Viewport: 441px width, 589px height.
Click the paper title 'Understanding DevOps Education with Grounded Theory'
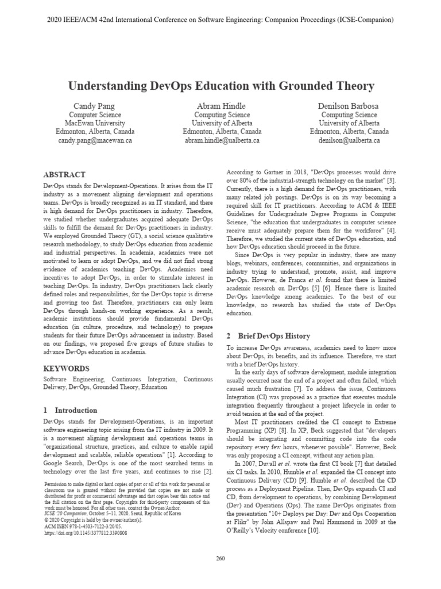(221, 86)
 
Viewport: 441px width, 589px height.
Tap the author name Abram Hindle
(221, 106)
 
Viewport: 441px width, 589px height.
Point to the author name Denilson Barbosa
(349, 106)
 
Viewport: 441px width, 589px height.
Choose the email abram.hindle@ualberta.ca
(221, 140)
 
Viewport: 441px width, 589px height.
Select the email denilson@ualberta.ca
(349, 140)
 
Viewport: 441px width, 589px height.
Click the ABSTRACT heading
(65, 174)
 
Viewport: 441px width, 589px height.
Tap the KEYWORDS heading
(66, 368)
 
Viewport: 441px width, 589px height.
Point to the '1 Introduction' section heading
(71, 411)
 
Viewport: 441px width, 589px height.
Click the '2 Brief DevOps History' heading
(268, 336)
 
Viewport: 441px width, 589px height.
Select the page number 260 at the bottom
(220, 558)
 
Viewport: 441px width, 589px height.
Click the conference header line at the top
(220, 20)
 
